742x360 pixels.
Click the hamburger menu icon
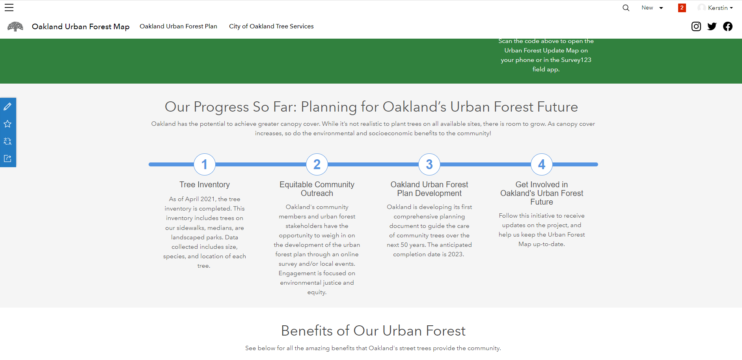[x=9, y=7]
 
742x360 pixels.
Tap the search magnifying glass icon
[x=626, y=8]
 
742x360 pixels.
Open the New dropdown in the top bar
[x=652, y=8]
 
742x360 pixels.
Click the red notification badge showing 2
[x=682, y=8]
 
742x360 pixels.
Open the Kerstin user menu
[x=715, y=8]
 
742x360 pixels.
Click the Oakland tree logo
[x=15, y=26]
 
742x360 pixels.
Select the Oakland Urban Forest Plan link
[x=178, y=26]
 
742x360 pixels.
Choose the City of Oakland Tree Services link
[x=271, y=26]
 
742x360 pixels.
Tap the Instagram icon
[x=696, y=26]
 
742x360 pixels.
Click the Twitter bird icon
[x=712, y=26]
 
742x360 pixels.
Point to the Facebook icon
[x=728, y=26]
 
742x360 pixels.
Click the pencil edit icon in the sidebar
[x=7, y=106]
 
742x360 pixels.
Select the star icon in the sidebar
[x=7, y=124]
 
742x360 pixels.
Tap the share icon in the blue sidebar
[x=7, y=159]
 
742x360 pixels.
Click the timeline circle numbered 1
[x=205, y=164]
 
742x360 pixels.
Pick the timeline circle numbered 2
[x=317, y=164]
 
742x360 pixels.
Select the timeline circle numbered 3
[x=429, y=164]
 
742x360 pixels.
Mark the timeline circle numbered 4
[x=542, y=164]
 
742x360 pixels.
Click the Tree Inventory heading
[x=205, y=185]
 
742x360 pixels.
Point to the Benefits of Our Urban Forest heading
[x=373, y=331]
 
